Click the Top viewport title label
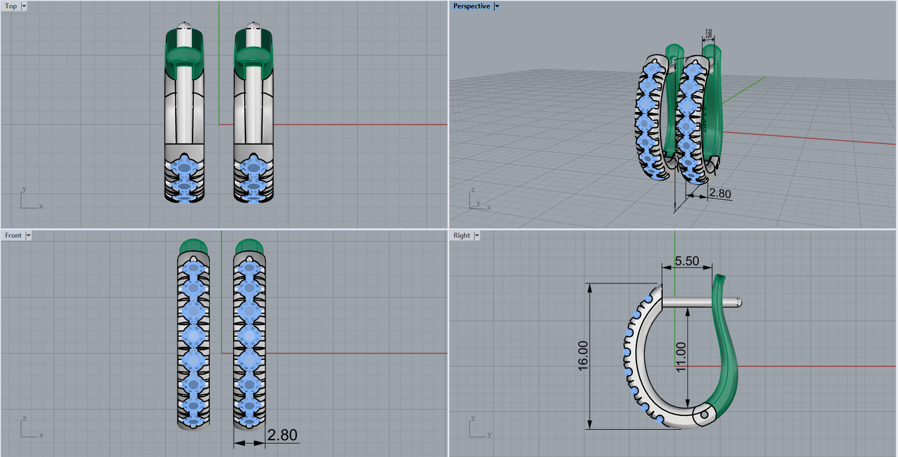11,6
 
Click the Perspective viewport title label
471,6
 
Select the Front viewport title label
13,235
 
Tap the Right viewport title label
461,235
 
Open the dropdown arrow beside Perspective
497,6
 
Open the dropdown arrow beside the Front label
28,235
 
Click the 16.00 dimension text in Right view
583,356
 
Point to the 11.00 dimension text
681,357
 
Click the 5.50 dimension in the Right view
687,261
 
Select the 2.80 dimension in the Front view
282,435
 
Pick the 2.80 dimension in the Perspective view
720,194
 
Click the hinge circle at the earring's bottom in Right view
704,414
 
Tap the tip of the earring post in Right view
738,302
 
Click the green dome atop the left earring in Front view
194,245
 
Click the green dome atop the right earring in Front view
249,245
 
